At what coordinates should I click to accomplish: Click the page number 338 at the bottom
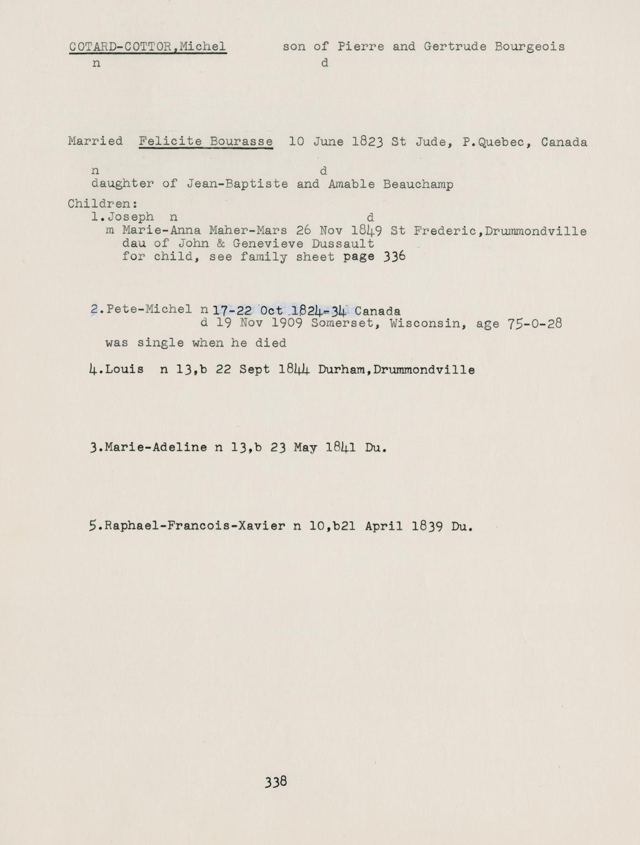276,781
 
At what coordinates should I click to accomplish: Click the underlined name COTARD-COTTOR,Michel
147,47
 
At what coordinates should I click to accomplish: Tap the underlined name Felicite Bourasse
206,141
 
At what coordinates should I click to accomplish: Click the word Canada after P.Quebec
564,142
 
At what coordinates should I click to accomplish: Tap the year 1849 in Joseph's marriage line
367,231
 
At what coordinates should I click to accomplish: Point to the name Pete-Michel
149,309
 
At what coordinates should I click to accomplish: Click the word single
160,343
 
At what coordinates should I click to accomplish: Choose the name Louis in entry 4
124,370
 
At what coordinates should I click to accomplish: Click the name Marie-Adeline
156,448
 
